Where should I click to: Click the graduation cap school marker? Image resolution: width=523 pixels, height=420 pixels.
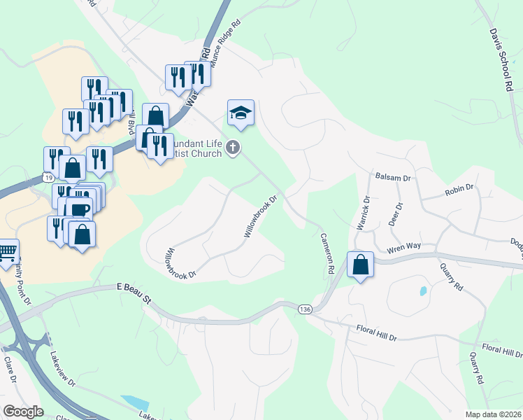(x=240, y=113)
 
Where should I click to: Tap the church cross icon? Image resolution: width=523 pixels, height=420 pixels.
(x=233, y=148)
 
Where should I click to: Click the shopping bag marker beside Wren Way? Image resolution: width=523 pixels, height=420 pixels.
(x=360, y=265)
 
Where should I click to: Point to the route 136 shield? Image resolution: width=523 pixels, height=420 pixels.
(x=304, y=309)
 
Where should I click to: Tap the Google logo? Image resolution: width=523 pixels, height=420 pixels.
(x=24, y=411)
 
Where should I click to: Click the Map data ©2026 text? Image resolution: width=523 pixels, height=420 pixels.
(x=492, y=414)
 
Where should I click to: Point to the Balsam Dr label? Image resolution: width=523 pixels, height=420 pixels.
(x=391, y=178)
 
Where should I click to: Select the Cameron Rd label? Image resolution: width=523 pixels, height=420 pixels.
(x=327, y=253)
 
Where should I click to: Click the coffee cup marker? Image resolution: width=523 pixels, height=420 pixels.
(x=80, y=209)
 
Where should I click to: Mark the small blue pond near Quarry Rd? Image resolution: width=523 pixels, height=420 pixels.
(x=422, y=290)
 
